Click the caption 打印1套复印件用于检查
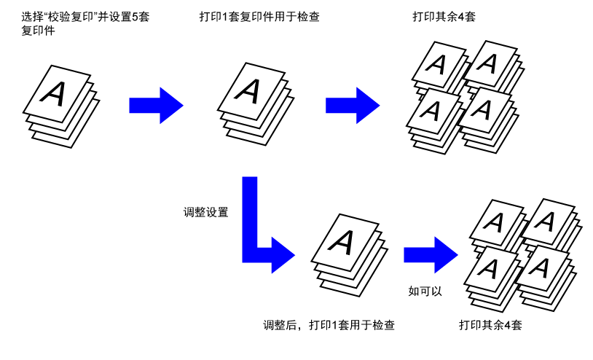point(259,17)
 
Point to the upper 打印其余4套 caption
point(444,17)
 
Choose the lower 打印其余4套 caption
point(490,325)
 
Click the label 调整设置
point(205,212)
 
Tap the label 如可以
point(425,291)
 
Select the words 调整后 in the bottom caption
point(280,325)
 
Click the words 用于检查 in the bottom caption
point(372,325)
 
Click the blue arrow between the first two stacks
point(156,106)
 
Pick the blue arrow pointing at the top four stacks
point(353,106)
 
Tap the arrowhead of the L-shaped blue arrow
point(283,255)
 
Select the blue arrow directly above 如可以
point(431,255)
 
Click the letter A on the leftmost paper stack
point(54,93)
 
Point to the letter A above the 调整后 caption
point(342,241)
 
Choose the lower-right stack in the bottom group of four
point(546,277)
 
